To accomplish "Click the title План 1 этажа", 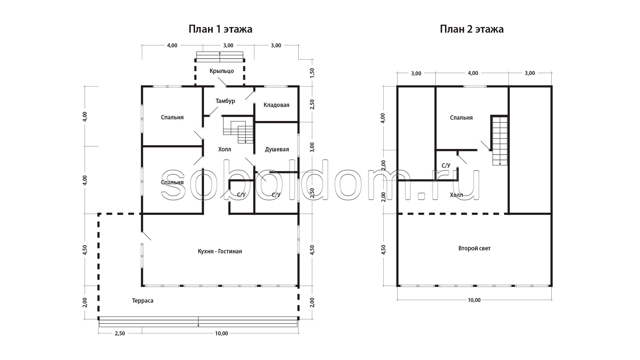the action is coord(220,29).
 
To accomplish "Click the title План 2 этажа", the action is coord(472,29).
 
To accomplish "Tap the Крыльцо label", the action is coord(222,71).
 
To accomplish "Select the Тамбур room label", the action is coord(225,101).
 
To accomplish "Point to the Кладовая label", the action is coord(276,105).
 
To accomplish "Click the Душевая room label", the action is coord(277,149).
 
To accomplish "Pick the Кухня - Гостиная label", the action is coord(220,251).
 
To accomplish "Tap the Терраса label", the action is coord(143,301).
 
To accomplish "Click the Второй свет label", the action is coord(474,248).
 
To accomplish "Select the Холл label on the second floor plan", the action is coord(456,195).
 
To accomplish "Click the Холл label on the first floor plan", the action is coord(224,149).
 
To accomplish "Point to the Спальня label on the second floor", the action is coord(461,118).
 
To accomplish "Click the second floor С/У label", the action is coord(446,166).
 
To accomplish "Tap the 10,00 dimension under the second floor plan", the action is coord(474,300).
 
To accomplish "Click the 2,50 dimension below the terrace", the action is coord(120,333).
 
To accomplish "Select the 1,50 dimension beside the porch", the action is coord(312,72).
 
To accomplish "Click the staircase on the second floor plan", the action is coord(500,140).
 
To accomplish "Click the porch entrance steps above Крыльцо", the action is coord(220,57).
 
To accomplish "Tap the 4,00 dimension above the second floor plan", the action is coord(473,73).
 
